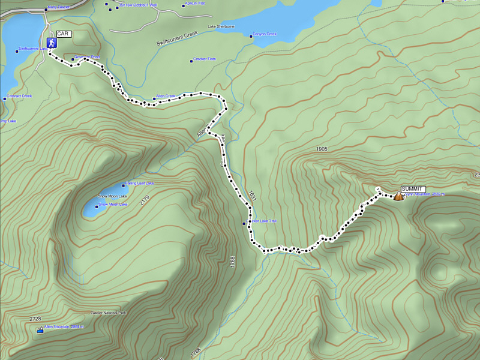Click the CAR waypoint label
[x=64, y=34]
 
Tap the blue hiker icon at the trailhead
[x=52, y=43]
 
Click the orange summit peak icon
[x=398, y=196]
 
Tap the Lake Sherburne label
[x=221, y=27]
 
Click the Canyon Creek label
[x=265, y=34]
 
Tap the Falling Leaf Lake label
[x=139, y=183]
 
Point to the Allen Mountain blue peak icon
[x=40, y=329]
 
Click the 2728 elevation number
[x=35, y=319]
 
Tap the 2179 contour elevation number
[x=143, y=201]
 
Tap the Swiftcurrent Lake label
[x=32, y=49]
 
